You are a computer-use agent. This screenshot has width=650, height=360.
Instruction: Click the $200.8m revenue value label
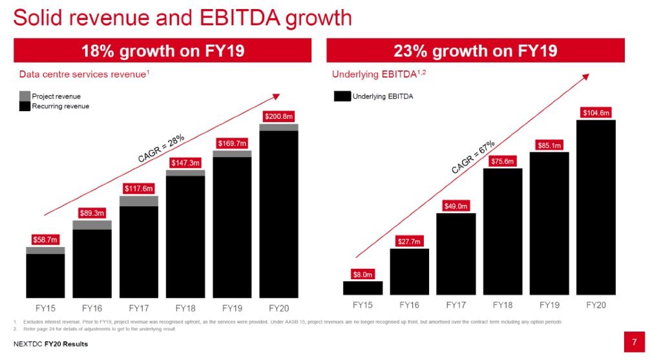click(278, 116)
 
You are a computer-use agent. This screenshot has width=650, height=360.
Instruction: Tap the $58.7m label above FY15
click(45, 240)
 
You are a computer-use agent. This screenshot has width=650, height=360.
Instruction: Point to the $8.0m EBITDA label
click(362, 273)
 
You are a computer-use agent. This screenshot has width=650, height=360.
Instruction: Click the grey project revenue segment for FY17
click(139, 201)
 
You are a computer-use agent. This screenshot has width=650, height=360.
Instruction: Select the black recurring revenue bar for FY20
click(278, 213)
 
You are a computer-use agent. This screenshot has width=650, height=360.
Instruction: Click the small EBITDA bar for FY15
click(362, 288)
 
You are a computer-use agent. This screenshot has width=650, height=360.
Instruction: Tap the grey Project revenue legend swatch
click(25, 96)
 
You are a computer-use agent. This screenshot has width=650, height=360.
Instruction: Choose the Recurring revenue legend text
click(61, 106)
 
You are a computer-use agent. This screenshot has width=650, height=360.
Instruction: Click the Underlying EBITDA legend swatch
click(342, 96)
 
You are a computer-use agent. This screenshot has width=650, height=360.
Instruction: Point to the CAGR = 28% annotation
click(161, 148)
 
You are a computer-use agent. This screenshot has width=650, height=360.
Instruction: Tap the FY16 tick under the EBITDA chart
click(410, 304)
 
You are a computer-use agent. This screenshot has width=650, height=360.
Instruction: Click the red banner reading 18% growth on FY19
click(162, 50)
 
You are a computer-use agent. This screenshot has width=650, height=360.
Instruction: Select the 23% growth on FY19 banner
click(475, 50)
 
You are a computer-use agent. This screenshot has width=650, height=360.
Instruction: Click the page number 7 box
click(634, 341)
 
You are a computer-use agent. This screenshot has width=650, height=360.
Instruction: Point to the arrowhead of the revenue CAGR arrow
click(276, 96)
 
